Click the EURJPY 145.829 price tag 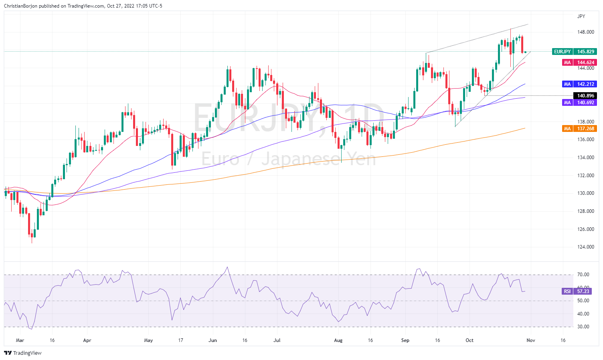[574, 52]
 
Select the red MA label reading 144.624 [579, 63]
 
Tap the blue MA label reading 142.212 [579, 84]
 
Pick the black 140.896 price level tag [586, 96]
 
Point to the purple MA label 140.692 [579, 103]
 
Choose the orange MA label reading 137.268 [579, 129]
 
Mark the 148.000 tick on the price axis [586, 32]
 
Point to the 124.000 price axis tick [586, 247]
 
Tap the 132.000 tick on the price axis [586, 176]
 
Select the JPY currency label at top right [581, 16]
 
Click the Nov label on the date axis [530, 340]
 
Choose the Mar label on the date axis [20, 340]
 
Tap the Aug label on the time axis [338, 340]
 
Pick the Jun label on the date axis [213, 340]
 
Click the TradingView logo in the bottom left [23, 353]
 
